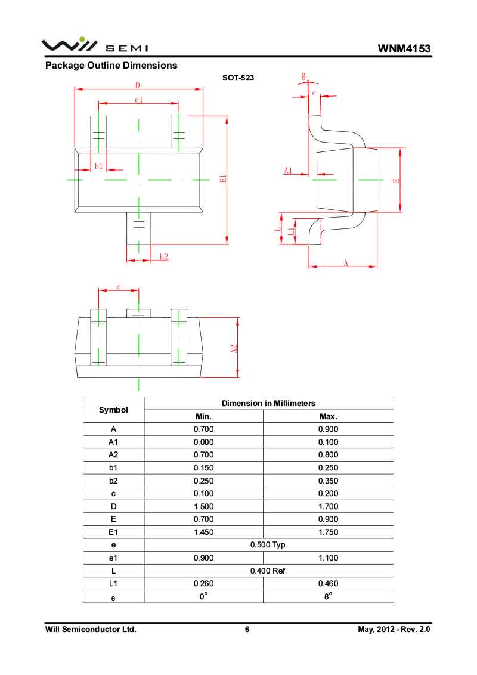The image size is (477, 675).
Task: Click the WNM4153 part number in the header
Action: click(404, 48)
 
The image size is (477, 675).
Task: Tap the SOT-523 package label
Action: click(238, 78)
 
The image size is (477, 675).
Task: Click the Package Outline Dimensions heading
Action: click(111, 66)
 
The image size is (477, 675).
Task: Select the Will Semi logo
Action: click(95, 45)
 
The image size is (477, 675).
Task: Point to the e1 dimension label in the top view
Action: click(138, 100)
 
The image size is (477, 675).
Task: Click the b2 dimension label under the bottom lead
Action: click(164, 257)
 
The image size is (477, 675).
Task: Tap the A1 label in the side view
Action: click(288, 171)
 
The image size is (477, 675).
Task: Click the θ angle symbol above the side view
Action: click(303, 77)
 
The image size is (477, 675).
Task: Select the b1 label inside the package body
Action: click(99, 166)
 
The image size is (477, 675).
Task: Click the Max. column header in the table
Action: click(328, 416)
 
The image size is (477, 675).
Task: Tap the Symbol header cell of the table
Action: click(113, 410)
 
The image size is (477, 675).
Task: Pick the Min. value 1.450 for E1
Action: click(203, 532)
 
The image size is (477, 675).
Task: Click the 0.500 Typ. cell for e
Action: click(268, 545)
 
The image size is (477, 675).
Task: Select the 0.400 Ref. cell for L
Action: click(268, 571)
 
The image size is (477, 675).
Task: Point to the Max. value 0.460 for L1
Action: click(328, 584)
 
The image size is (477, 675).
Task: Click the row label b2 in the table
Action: click(113, 481)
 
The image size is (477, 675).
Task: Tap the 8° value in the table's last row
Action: click(328, 596)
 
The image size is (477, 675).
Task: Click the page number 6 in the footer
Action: click(247, 629)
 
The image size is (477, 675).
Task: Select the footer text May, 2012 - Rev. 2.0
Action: click(394, 629)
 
